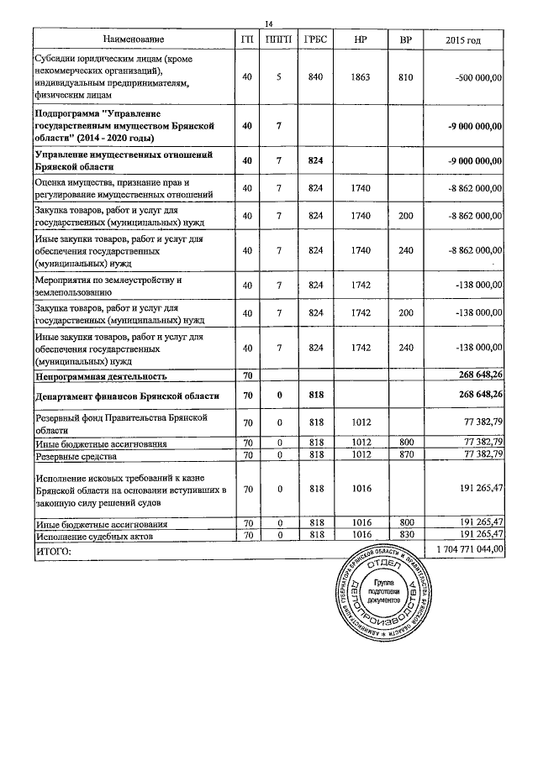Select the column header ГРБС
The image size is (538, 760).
point(316,39)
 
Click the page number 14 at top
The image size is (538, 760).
point(269,24)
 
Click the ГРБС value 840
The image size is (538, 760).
point(316,77)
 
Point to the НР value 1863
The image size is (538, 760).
point(363,77)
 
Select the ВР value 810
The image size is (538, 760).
point(406,77)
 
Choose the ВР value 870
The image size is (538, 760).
point(406,454)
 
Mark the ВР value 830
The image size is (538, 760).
point(406,533)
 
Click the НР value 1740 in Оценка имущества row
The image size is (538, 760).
point(363,189)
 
